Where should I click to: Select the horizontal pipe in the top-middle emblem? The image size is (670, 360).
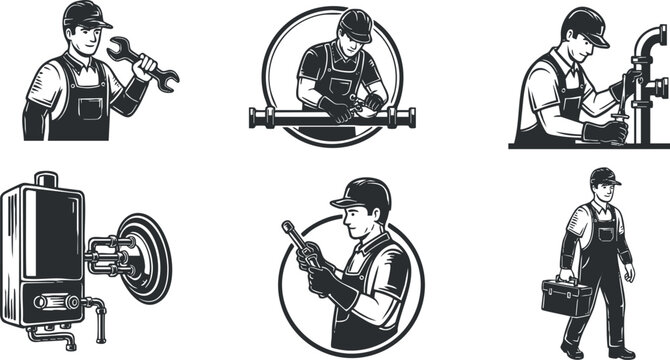pos(330,118)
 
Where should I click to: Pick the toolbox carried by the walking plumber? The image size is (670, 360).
pos(566,296)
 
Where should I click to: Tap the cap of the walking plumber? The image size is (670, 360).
pos(603,177)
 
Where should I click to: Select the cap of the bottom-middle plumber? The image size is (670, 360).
pos(359,193)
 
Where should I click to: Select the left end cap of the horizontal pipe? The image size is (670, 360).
pos(252,118)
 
